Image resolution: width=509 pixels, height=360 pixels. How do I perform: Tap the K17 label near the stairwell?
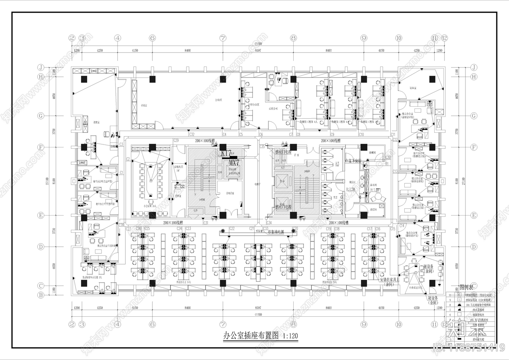click(x=226, y=153)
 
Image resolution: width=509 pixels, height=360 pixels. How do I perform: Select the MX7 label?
click(x=234, y=163)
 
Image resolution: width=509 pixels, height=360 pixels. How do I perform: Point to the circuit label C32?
click(x=192, y=134)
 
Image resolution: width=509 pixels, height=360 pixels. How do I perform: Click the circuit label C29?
click(x=176, y=140)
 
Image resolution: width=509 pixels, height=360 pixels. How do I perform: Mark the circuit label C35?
click(x=262, y=147)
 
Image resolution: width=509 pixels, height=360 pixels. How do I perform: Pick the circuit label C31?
click(x=206, y=223)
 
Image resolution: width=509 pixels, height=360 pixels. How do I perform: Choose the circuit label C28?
click(x=121, y=225)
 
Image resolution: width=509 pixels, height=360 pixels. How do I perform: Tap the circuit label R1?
click(x=387, y=164)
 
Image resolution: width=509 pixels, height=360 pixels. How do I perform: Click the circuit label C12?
click(x=395, y=140)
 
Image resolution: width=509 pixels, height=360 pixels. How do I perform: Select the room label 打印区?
click(x=218, y=100)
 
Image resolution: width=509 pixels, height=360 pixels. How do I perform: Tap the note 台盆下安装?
click(x=353, y=161)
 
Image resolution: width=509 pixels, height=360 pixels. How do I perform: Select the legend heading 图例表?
click(x=466, y=287)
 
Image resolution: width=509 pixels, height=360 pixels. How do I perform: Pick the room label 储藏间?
click(x=373, y=153)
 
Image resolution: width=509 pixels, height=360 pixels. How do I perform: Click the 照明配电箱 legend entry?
click(x=478, y=340)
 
